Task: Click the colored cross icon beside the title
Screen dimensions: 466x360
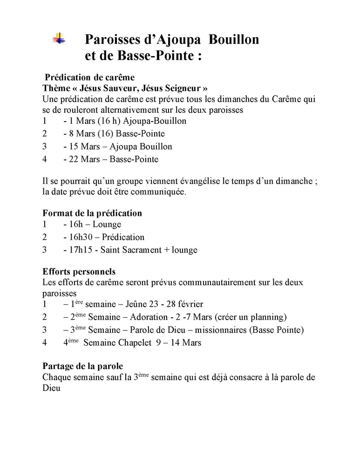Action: coord(59,39)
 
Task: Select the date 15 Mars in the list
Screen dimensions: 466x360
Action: coord(86,146)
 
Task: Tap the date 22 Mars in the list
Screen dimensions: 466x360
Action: coord(86,159)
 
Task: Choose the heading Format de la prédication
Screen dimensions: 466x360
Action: coord(92,213)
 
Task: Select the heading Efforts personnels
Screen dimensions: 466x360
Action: coord(79,271)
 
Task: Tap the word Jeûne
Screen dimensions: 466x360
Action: coord(138,304)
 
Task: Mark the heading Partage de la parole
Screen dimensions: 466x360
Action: coord(82,366)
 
